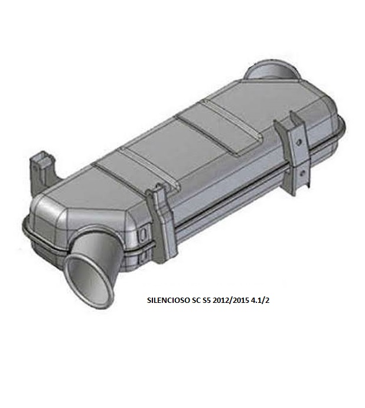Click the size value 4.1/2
260,301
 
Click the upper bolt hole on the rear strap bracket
299,142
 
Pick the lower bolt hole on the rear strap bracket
301,172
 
